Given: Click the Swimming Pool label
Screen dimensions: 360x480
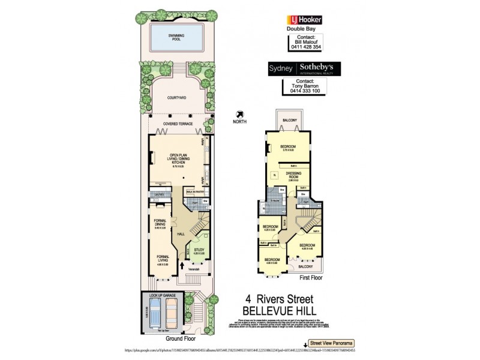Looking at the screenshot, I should coord(176,37).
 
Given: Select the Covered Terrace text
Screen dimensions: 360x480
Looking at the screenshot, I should coord(177,124).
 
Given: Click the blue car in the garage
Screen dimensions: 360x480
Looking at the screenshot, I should coord(155,314).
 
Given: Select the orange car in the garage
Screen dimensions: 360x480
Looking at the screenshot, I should coord(172,314).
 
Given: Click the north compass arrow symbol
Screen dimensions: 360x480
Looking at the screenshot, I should coord(241,113).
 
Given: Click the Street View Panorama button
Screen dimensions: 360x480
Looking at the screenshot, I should coord(333,343).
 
